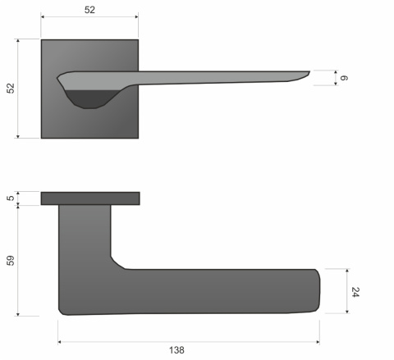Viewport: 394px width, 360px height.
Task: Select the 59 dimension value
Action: click(x=11, y=260)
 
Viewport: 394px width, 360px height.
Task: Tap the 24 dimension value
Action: click(x=355, y=292)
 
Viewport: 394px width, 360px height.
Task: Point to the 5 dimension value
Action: click(x=11, y=198)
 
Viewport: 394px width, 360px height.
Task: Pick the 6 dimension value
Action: click(x=346, y=78)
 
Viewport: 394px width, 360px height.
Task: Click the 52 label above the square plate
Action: click(x=89, y=10)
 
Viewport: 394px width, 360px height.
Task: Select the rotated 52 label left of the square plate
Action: click(x=11, y=89)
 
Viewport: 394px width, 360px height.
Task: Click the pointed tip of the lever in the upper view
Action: click(x=309, y=72)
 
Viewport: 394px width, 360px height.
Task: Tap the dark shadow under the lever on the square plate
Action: click(x=88, y=99)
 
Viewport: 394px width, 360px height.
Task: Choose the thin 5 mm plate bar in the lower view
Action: click(x=89, y=198)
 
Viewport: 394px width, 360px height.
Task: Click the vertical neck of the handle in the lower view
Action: click(x=85, y=234)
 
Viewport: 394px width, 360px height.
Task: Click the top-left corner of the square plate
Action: click(x=42, y=39)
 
